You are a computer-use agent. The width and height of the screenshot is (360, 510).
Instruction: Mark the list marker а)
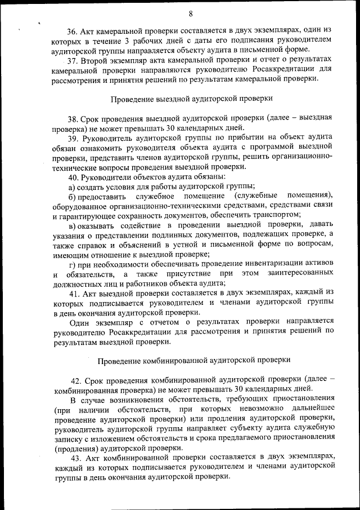(x=72, y=187)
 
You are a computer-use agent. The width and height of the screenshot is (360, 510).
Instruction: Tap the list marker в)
(x=73, y=225)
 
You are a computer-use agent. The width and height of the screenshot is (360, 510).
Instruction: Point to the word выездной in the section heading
(x=176, y=99)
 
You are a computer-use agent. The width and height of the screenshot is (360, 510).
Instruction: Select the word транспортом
(x=277, y=215)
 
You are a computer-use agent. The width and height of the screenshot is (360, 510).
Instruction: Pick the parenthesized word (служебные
(x=252, y=196)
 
